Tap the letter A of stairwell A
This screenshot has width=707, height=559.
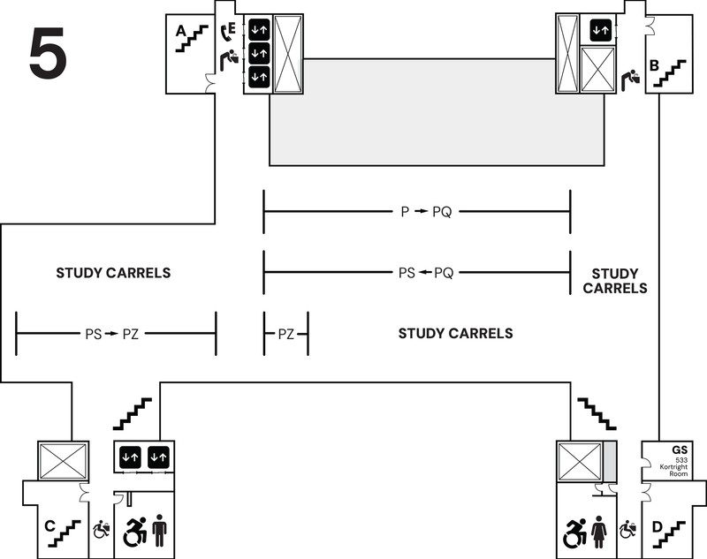181,31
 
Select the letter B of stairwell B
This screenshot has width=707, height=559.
655,64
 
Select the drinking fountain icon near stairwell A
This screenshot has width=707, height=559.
229,61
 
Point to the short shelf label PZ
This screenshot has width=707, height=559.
286,334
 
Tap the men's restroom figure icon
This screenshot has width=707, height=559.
159,532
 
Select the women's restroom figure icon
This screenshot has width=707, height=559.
598,532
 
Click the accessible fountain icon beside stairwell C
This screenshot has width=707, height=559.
101,531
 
